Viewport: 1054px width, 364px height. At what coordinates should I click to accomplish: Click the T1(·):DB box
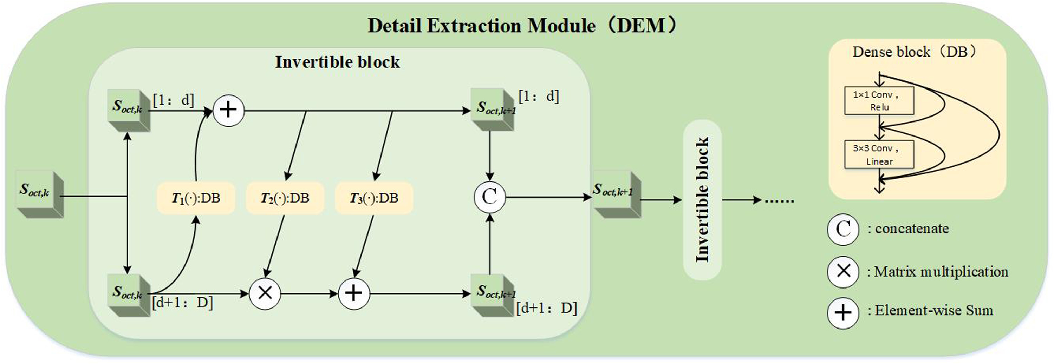click(x=196, y=198)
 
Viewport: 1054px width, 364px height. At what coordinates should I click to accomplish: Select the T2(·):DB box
click(x=285, y=198)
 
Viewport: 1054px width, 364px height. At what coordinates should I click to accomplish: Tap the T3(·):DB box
click(x=374, y=198)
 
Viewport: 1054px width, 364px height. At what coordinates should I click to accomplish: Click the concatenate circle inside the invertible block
click(x=490, y=197)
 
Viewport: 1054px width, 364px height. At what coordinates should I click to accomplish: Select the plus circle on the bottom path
click(x=354, y=293)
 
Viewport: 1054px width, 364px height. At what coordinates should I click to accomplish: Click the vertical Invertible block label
click(x=702, y=200)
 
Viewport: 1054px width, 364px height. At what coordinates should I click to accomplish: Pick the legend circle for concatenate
click(x=843, y=230)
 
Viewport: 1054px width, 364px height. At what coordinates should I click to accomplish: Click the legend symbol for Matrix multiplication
click(x=843, y=271)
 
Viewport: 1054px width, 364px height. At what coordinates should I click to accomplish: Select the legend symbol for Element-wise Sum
click(x=843, y=313)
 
